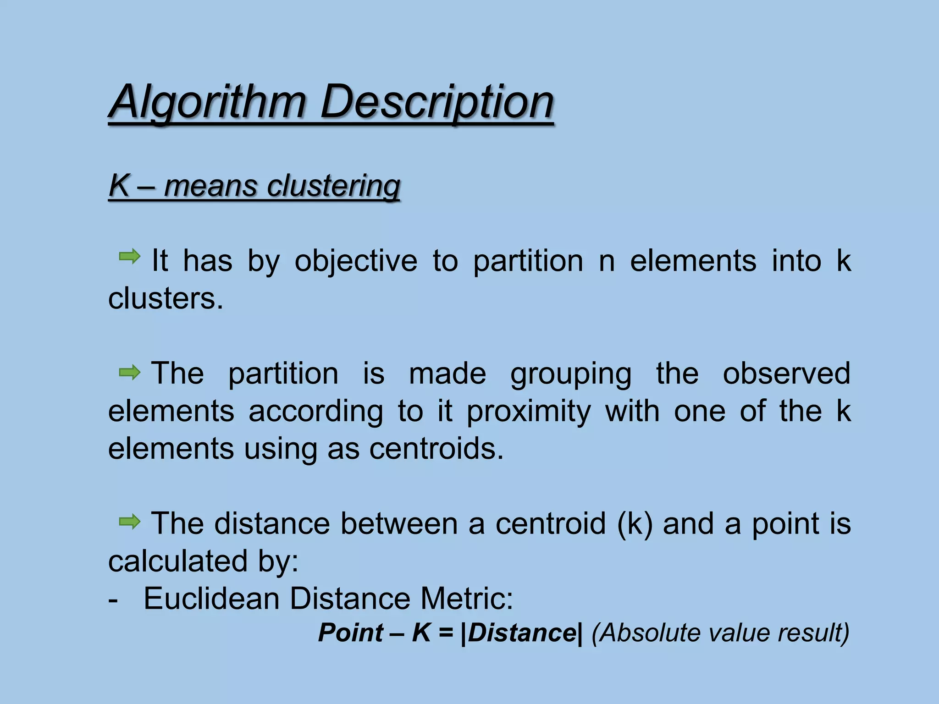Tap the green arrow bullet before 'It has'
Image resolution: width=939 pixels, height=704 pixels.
point(130,256)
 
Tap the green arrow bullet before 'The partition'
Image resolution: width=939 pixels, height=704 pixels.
point(130,373)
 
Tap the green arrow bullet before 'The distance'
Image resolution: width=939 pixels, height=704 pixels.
point(130,522)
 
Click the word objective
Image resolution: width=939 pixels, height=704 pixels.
point(356,261)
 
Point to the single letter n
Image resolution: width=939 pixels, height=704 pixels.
point(607,261)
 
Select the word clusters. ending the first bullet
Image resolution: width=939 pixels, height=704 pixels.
point(166,299)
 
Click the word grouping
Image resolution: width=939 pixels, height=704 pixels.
point(571,374)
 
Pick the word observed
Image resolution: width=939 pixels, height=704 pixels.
point(786,373)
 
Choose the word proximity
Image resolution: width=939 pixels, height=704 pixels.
point(529,411)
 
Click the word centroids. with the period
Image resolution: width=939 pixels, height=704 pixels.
point(436,448)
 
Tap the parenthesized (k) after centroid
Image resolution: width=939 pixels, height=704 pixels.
point(635,524)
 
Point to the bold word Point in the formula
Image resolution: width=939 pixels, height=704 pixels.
point(351,633)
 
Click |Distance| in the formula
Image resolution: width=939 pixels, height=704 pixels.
point(522,633)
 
